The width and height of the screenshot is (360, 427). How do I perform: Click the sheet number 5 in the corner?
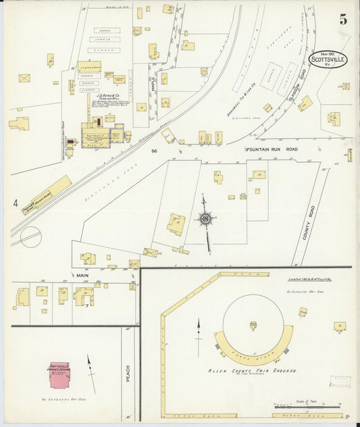point(343,20)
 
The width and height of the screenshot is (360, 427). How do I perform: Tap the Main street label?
point(82,275)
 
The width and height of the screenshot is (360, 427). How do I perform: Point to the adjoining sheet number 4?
point(15,202)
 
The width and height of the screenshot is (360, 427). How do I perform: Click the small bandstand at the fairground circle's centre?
point(253,326)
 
